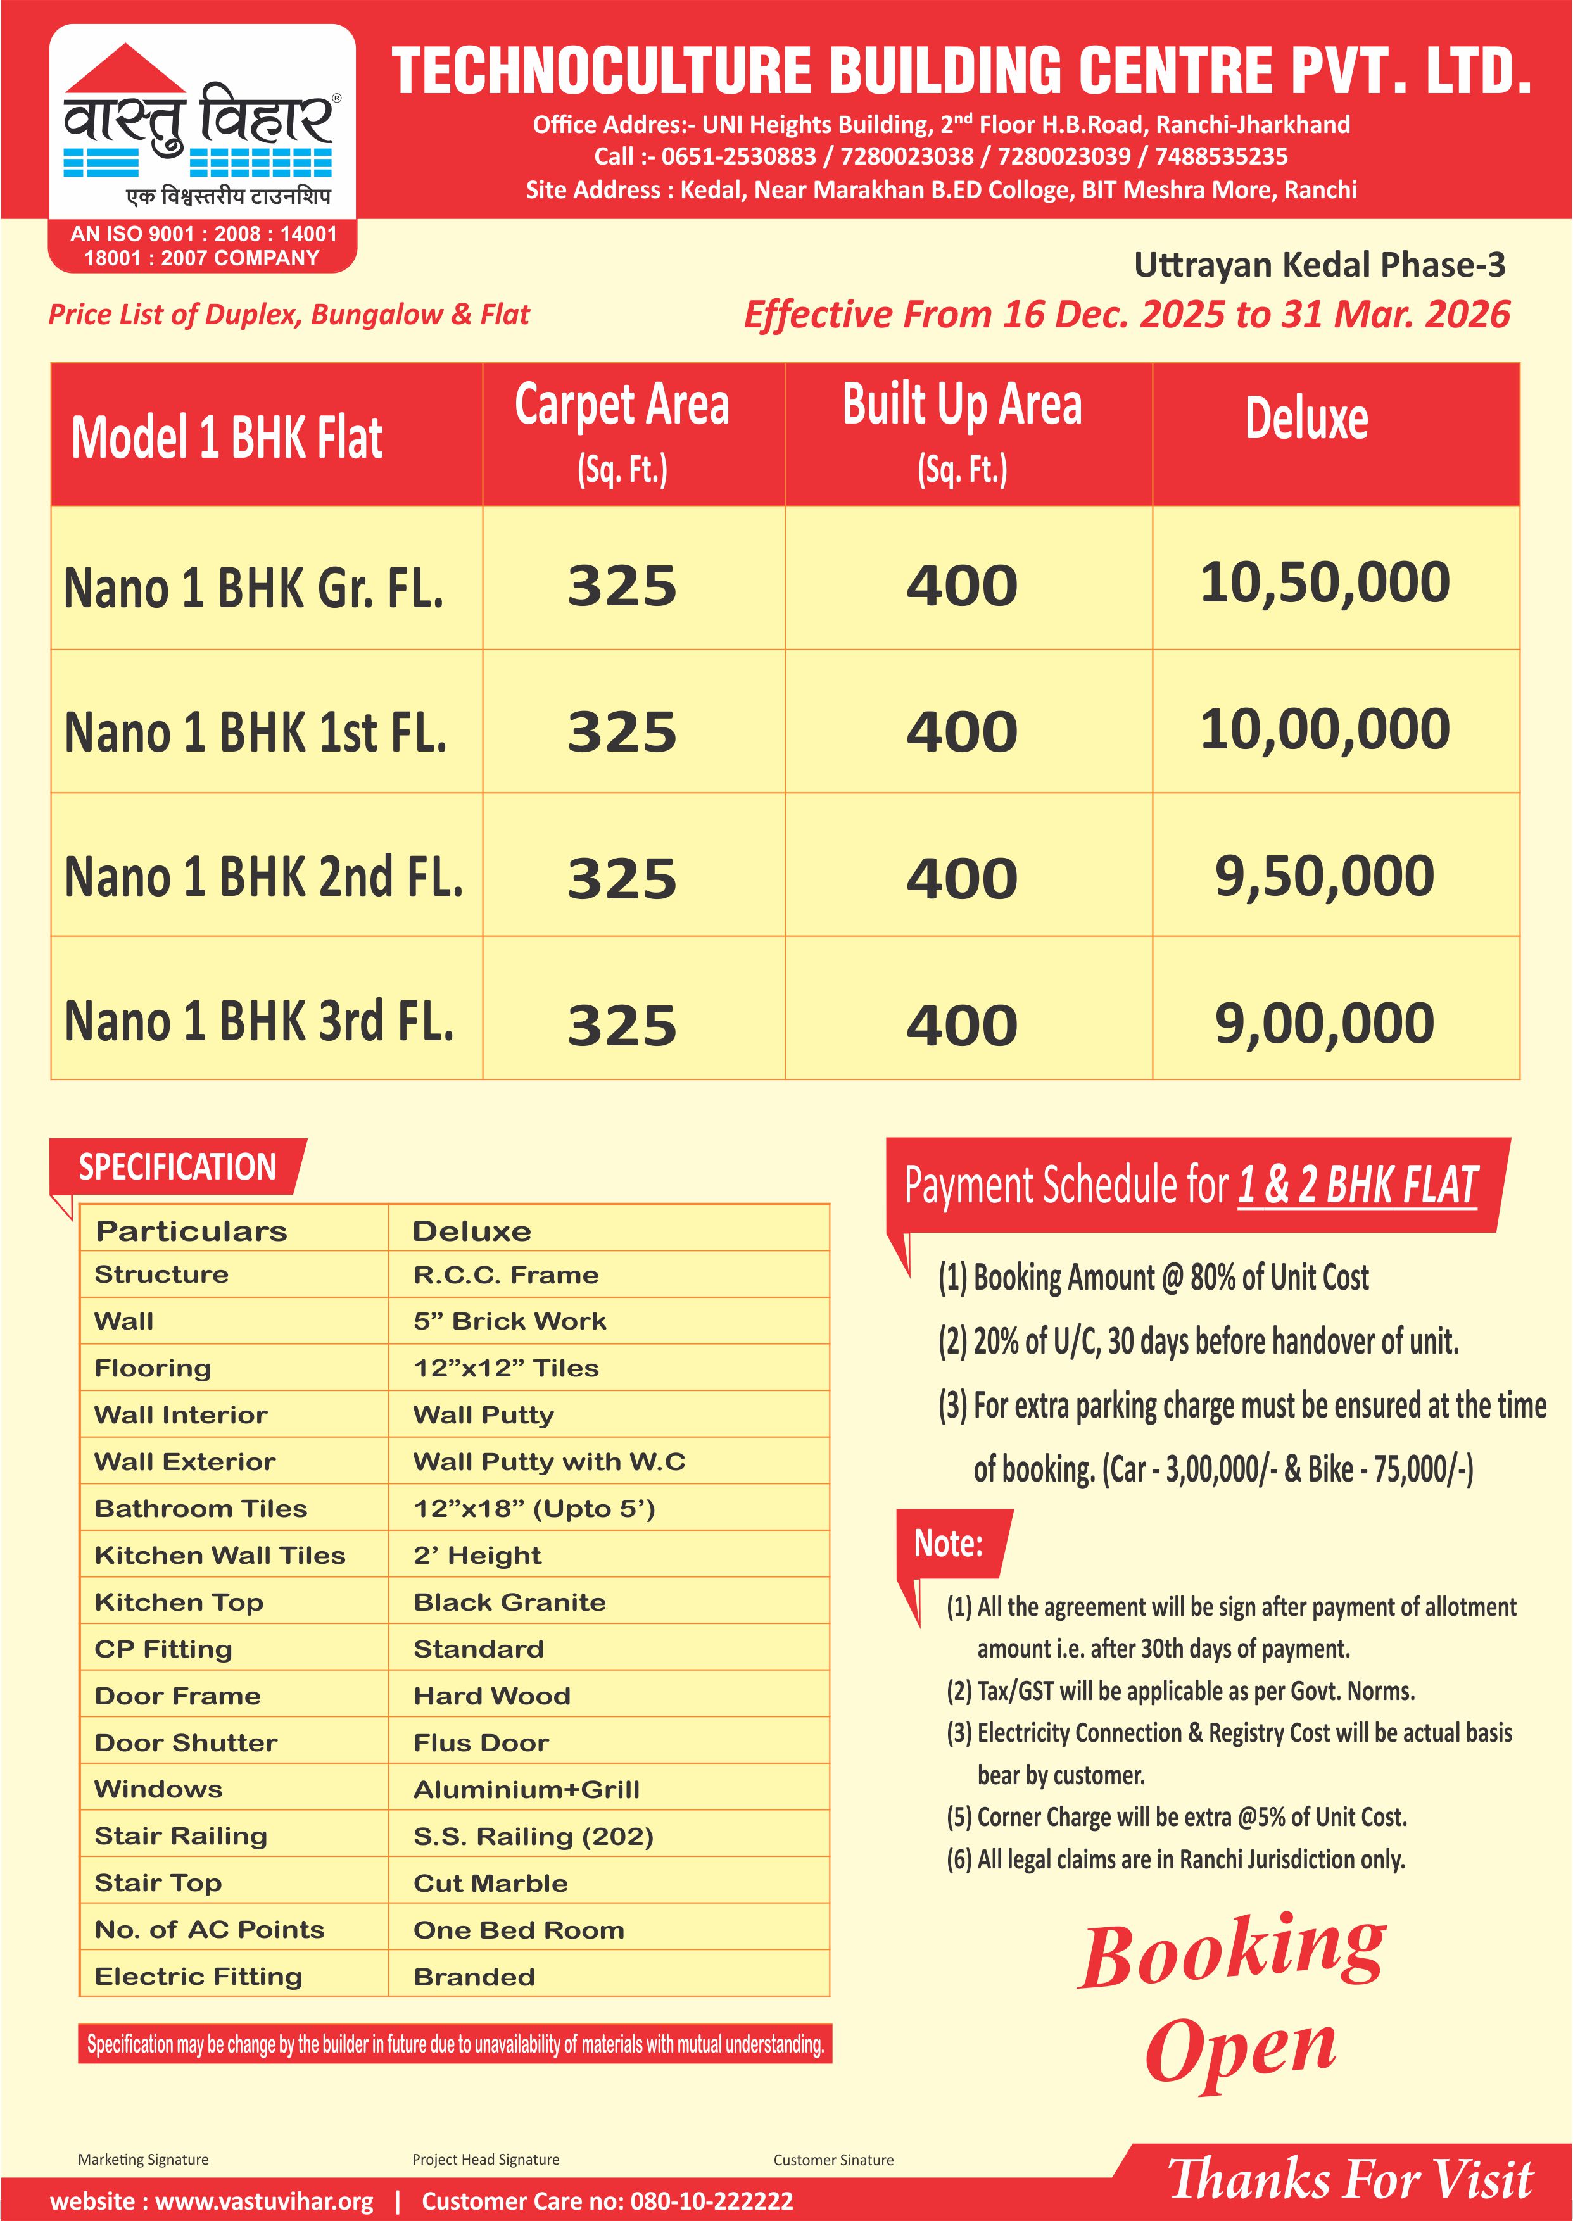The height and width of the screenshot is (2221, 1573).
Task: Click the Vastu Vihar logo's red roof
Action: click(x=126, y=70)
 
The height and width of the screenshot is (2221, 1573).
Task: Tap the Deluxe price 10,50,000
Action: click(x=1324, y=583)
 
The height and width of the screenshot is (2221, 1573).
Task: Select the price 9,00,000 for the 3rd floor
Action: click(x=1324, y=1023)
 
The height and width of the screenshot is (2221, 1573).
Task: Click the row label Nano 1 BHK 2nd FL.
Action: click(x=263, y=877)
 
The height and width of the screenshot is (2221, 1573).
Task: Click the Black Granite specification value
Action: click(x=510, y=1602)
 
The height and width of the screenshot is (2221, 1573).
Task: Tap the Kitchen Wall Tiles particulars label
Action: click(x=220, y=1556)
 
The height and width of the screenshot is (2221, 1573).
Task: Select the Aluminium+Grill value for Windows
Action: click(x=526, y=1789)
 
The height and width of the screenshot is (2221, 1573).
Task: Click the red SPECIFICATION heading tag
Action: click(x=177, y=1167)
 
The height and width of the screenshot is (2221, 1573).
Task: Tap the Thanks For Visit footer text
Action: click(x=1350, y=2179)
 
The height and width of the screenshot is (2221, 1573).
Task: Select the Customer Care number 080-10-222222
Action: click(x=711, y=2201)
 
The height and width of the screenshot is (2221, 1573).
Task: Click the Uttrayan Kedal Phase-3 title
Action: click(x=1319, y=264)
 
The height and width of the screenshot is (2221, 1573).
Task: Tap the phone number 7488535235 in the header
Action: click(x=1220, y=157)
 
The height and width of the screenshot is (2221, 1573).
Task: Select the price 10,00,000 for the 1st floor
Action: click(x=1324, y=729)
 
